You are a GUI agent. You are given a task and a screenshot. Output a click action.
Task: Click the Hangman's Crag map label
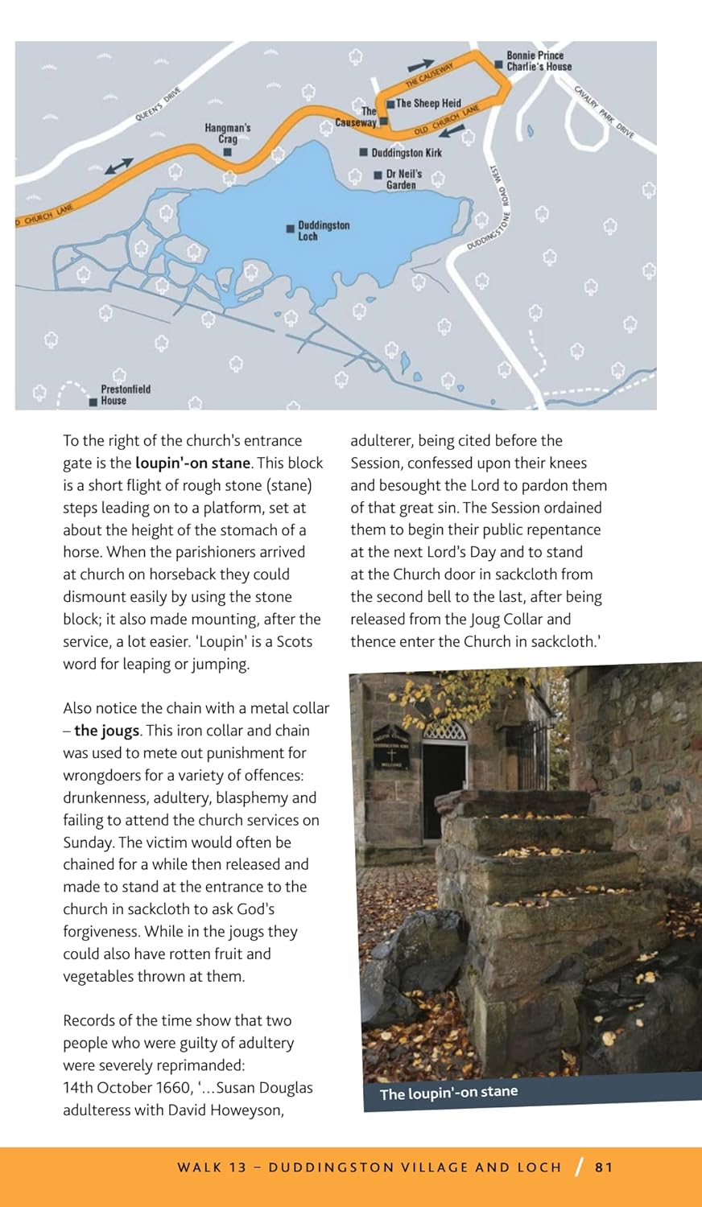(227, 133)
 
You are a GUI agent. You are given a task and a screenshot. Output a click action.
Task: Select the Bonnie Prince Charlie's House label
(539, 61)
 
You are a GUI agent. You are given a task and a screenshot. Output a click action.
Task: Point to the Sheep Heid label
(427, 103)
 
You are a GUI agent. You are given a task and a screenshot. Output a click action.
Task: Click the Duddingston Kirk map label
(406, 153)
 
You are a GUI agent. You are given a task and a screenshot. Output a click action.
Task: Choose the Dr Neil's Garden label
(403, 179)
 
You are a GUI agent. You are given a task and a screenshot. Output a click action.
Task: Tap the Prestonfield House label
(126, 394)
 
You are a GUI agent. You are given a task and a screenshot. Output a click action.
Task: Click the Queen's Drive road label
(158, 105)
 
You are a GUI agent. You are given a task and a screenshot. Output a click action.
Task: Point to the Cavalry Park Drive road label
(604, 112)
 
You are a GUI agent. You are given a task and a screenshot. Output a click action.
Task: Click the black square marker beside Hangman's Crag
(228, 151)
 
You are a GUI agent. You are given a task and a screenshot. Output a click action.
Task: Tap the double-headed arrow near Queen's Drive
(119, 166)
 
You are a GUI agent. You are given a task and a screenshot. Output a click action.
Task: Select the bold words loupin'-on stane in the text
(193, 463)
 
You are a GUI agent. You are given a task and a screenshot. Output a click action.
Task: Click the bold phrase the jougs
(107, 731)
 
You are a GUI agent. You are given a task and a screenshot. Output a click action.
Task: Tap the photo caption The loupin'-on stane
(448, 1093)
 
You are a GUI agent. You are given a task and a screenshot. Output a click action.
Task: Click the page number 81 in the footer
(604, 1167)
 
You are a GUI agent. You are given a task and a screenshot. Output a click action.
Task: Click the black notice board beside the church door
(391, 746)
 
